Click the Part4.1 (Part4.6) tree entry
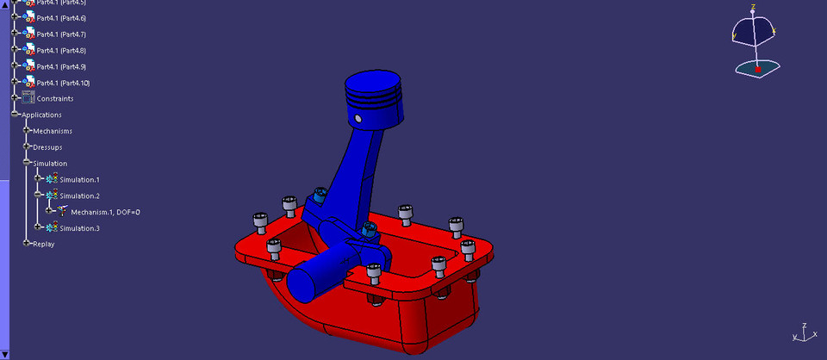click(x=60, y=18)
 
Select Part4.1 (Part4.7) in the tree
click(x=60, y=34)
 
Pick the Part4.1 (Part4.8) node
click(x=60, y=51)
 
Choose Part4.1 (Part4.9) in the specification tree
click(x=60, y=67)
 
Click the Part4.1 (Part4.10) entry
click(x=62, y=83)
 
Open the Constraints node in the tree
click(x=54, y=99)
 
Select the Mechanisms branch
click(x=52, y=131)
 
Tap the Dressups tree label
click(x=48, y=147)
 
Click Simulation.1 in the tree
click(x=79, y=180)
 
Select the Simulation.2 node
click(x=79, y=196)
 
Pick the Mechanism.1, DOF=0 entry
click(x=105, y=212)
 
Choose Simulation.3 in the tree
click(x=79, y=228)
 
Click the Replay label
click(x=43, y=245)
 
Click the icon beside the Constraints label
click(x=28, y=98)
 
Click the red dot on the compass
click(x=757, y=68)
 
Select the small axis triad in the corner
click(x=800, y=335)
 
